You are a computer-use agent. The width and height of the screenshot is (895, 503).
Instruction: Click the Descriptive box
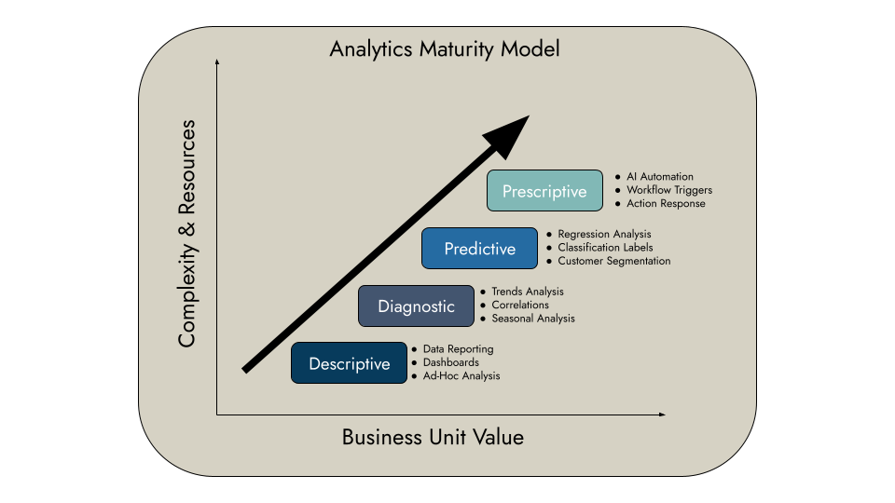349,363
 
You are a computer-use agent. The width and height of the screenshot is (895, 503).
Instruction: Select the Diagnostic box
416,306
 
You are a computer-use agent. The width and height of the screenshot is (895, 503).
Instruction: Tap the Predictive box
479,249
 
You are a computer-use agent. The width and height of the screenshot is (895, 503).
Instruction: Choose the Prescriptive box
544,191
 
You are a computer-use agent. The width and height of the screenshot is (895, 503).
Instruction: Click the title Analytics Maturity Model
445,48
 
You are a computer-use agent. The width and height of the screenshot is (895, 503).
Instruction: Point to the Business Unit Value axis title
433,437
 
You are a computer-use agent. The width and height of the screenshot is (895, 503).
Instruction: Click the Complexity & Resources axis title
187,233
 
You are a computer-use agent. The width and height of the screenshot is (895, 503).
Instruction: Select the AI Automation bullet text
660,177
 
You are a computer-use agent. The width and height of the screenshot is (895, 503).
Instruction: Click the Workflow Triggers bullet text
669,190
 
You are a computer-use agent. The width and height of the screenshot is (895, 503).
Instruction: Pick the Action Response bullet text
666,203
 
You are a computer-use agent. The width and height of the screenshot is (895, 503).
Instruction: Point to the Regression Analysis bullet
604,234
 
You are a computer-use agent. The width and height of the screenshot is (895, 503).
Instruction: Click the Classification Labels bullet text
605,248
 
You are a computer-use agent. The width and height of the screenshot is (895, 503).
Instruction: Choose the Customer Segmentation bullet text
613,261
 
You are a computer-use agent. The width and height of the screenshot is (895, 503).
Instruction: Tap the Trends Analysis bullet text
528,292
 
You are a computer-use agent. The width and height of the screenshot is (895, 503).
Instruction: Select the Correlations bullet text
520,305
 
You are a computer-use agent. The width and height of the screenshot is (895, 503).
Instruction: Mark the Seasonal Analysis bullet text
533,319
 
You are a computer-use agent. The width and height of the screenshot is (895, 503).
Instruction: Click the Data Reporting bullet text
458,349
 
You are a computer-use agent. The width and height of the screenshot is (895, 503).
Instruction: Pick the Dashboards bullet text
451,362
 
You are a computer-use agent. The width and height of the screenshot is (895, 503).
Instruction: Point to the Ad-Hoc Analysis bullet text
461,376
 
